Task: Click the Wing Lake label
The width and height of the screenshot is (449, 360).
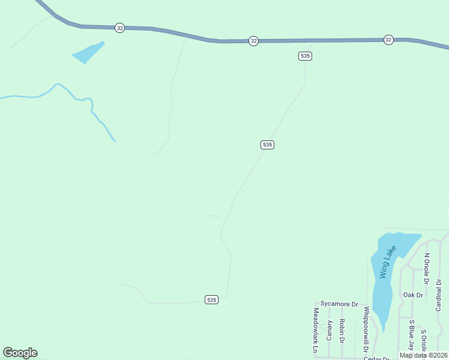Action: (388, 262)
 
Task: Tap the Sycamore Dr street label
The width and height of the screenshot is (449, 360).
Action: (339, 304)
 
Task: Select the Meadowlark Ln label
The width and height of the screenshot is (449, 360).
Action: (316, 329)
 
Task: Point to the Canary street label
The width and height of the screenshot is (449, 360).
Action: (330, 331)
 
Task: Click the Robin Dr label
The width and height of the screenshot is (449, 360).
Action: (342, 331)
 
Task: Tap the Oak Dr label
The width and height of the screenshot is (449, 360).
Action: (413, 295)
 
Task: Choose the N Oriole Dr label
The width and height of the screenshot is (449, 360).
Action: (427, 268)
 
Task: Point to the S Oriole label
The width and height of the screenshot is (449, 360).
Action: (423, 343)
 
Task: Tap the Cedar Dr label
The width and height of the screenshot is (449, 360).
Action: (376, 358)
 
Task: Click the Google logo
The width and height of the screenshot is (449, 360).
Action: (20, 353)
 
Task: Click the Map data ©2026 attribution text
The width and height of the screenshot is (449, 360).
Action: (423, 355)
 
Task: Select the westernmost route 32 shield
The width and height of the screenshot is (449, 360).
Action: (120, 28)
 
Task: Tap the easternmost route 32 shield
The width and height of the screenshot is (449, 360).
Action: (388, 40)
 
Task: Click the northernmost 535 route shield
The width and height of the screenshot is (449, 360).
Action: (305, 56)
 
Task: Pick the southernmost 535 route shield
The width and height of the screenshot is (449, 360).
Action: (211, 299)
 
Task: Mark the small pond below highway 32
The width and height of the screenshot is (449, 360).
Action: (88, 53)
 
